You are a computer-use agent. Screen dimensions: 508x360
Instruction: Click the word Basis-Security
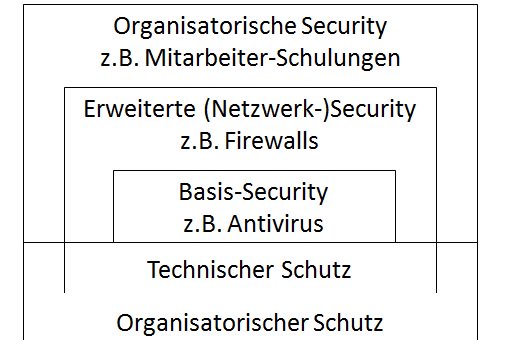click(253, 190)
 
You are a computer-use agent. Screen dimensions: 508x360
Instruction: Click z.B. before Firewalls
click(199, 140)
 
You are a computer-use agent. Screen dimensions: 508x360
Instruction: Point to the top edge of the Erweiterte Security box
click(251, 88)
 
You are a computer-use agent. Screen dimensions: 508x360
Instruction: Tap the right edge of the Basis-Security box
click(395, 206)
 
